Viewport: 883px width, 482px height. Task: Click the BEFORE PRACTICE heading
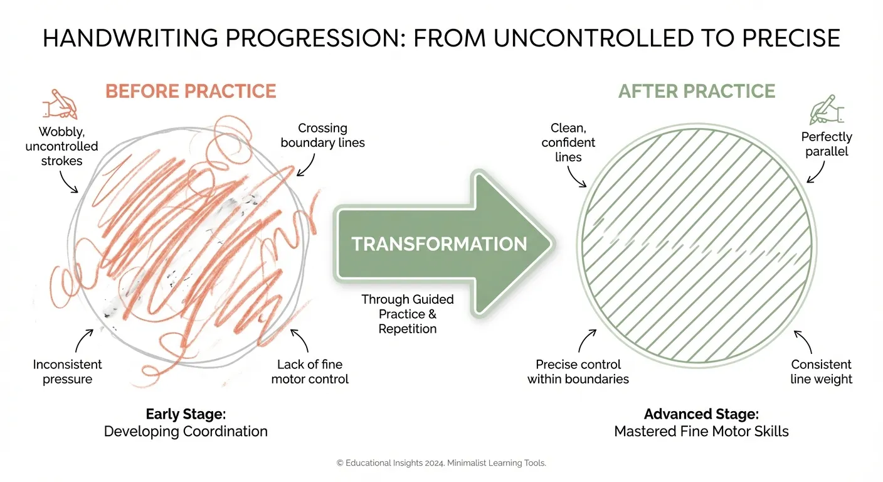click(x=191, y=91)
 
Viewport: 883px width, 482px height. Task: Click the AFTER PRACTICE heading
click(x=697, y=91)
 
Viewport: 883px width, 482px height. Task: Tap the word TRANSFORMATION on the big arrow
click(x=439, y=244)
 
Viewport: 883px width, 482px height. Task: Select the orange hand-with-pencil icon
click(x=60, y=104)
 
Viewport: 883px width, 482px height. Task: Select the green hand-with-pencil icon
click(x=827, y=110)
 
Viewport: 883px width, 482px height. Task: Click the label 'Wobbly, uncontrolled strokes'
click(x=62, y=146)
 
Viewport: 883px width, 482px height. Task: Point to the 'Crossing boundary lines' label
click(x=322, y=136)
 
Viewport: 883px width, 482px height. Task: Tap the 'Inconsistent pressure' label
click(x=67, y=372)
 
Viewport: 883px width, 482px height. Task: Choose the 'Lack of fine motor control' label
click(x=310, y=372)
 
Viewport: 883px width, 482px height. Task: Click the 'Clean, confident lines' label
click(x=568, y=142)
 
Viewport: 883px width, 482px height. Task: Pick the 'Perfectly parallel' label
click(x=827, y=144)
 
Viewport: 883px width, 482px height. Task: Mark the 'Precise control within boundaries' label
click(x=578, y=372)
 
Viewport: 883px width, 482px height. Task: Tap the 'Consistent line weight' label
click(x=822, y=372)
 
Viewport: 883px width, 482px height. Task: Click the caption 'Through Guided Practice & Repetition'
click(x=408, y=314)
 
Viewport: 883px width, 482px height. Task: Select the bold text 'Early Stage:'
click(x=186, y=414)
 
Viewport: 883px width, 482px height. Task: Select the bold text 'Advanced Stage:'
click(x=701, y=414)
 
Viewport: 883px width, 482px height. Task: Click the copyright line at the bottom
click(x=441, y=463)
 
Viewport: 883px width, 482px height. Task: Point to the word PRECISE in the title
click(x=791, y=38)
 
